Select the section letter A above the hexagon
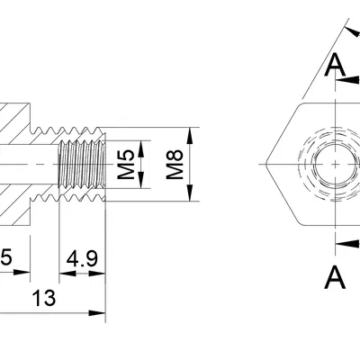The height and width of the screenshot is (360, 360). tap(335, 64)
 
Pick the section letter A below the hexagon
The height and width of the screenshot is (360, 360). tap(335, 276)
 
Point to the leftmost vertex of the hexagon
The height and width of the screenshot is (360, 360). tap(265, 165)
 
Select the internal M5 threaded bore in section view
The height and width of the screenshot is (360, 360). tap(82, 165)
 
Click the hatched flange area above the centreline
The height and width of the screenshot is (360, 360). tap(13, 121)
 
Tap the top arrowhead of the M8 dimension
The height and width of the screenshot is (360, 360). tap(191, 132)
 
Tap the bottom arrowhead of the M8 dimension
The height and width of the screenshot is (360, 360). tap(191, 198)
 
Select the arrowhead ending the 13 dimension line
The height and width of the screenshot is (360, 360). tap(100, 312)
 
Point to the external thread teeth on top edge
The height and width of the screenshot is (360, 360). tap(67, 130)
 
